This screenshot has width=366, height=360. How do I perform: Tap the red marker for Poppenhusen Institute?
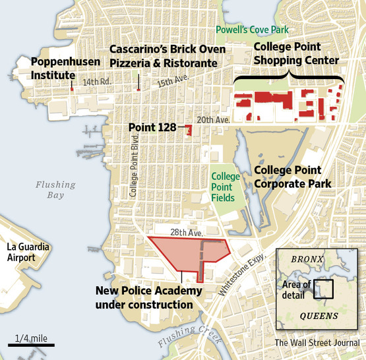click(71, 87)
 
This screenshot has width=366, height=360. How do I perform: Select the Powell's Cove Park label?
click(251, 30)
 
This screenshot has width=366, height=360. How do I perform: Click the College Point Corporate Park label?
click(292, 176)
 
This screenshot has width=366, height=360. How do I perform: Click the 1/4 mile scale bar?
click(31, 344)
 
